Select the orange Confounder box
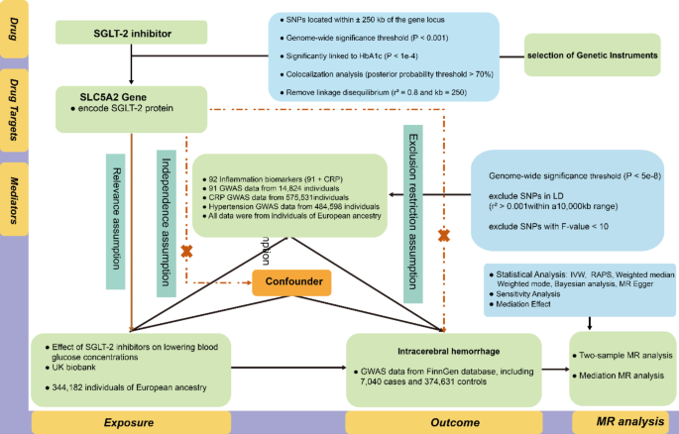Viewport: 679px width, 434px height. pyautogui.click(x=284, y=282)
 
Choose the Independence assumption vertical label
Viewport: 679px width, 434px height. pyautogui.click(x=167, y=209)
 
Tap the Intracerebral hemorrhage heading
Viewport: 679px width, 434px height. pyautogui.click(x=442, y=349)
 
